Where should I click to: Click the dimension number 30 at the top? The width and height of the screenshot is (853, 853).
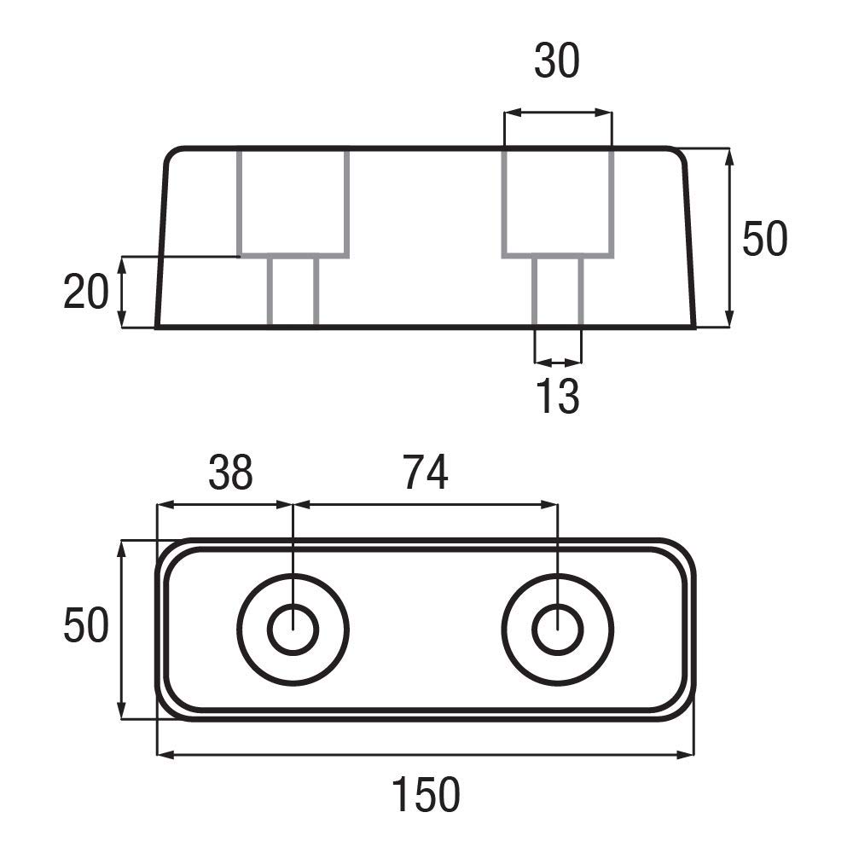tap(556, 61)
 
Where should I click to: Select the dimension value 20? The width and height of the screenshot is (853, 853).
tap(86, 292)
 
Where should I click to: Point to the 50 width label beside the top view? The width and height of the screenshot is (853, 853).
tap(86, 625)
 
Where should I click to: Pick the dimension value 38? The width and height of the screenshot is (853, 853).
tap(230, 473)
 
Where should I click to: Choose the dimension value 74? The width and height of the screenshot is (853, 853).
tap(426, 473)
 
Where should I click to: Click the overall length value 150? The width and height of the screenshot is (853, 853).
tap(426, 795)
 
